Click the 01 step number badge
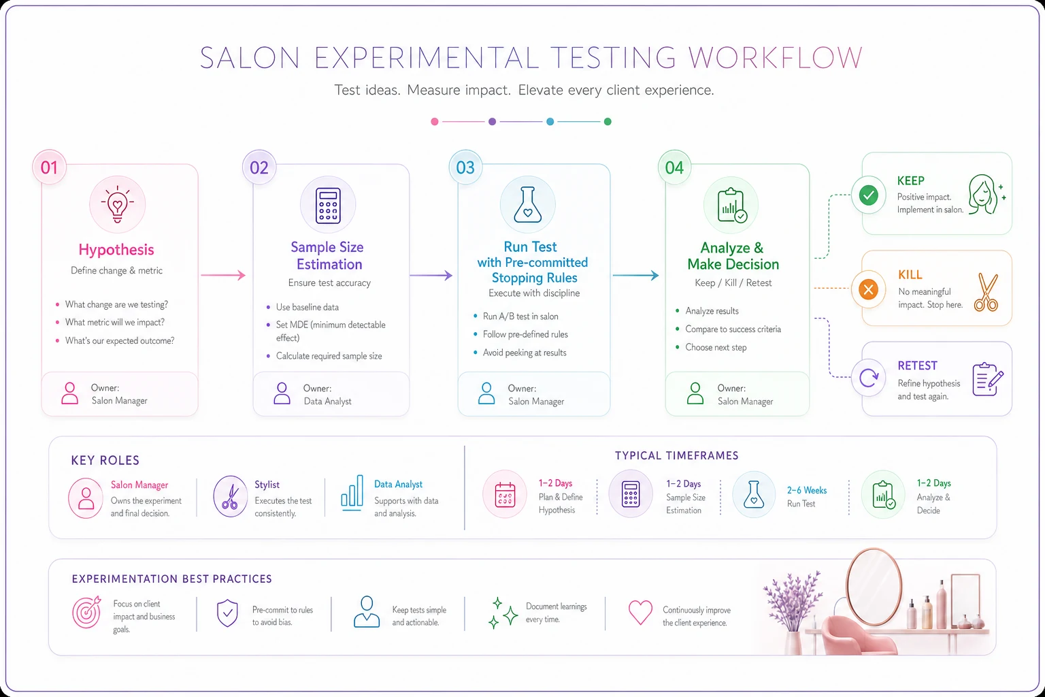(x=49, y=167)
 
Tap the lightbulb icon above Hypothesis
(x=117, y=204)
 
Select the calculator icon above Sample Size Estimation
(x=328, y=206)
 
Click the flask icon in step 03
(x=528, y=204)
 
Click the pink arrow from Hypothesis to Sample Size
(x=223, y=275)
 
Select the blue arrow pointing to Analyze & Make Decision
(x=635, y=276)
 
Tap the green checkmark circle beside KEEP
(x=868, y=195)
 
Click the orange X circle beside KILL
(x=868, y=289)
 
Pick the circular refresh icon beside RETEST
(x=869, y=378)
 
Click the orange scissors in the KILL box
(x=986, y=292)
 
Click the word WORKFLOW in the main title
(x=776, y=58)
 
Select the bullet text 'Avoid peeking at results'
(x=525, y=353)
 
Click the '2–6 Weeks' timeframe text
(x=807, y=490)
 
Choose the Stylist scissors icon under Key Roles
(x=230, y=497)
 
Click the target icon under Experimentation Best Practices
(x=87, y=611)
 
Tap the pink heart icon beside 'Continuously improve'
(x=640, y=612)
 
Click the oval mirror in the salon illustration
(x=874, y=587)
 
